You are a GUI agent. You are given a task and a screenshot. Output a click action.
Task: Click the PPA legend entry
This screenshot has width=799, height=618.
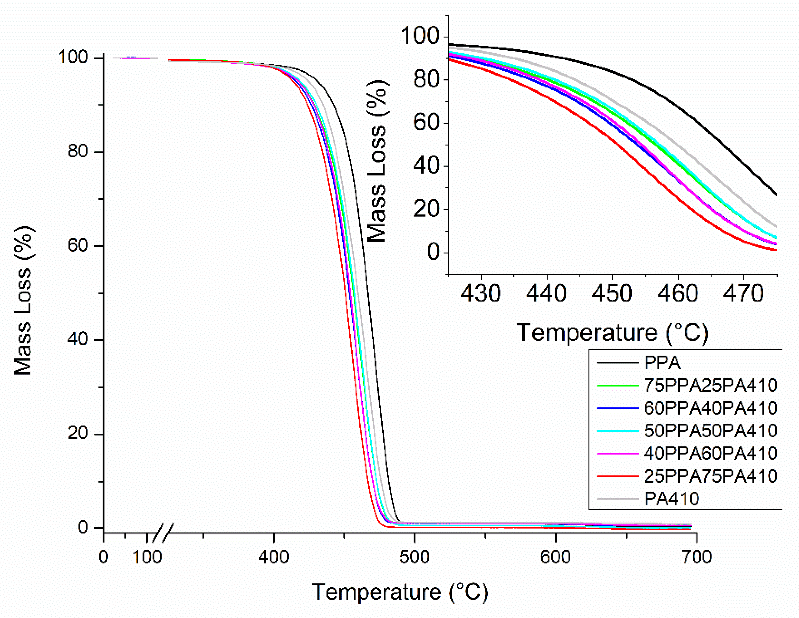pyautogui.click(x=662, y=363)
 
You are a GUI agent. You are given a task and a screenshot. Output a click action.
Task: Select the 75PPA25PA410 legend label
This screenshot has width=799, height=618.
pyautogui.click(x=710, y=385)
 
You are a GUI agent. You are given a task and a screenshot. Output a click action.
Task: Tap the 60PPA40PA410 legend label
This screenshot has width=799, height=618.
pyautogui.click(x=710, y=408)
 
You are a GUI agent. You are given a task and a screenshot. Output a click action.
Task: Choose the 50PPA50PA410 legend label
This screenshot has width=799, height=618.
pyautogui.click(x=710, y=431)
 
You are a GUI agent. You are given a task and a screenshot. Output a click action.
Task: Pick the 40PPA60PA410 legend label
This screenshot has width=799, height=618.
pyautogui.click(x=710, y=453)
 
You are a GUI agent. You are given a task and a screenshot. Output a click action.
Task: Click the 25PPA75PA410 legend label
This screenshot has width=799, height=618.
pyautogui.click(x=710, y=476)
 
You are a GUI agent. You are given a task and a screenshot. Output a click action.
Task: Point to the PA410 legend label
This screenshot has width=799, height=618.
pyautogui.click(x=671, y=499)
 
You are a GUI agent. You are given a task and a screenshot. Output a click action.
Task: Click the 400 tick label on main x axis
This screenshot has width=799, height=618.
pyautogui.click(x=273, y=557)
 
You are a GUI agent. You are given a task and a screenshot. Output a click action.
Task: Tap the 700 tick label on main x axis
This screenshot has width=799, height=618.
pyautogui.click(x=696, y=557)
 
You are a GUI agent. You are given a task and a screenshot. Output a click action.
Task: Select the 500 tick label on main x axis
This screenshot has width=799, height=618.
pyautogui.click(x=414, y=557)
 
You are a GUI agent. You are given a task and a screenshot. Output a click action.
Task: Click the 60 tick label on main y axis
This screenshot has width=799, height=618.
pyautogui.click(x=78, y=246)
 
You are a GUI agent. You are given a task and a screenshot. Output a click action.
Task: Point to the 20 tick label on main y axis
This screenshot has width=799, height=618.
pyautogui.click(x=78, y=434)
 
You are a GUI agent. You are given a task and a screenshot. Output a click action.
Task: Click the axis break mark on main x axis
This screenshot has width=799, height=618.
pyautogui.click(x=163, y=533)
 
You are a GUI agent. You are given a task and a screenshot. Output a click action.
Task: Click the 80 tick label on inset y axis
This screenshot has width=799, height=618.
pyautogui.click(x=426, y=80)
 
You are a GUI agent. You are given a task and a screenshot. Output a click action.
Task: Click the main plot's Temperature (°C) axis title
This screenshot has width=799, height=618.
pyautogui.click(x=400, y=592)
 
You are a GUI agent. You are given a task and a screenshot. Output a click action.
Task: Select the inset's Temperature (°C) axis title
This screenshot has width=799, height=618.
pyautogui.click(x=612, y=333)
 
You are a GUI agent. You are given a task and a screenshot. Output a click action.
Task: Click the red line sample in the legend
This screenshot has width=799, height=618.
pyautogui.click(x=618, y=476)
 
